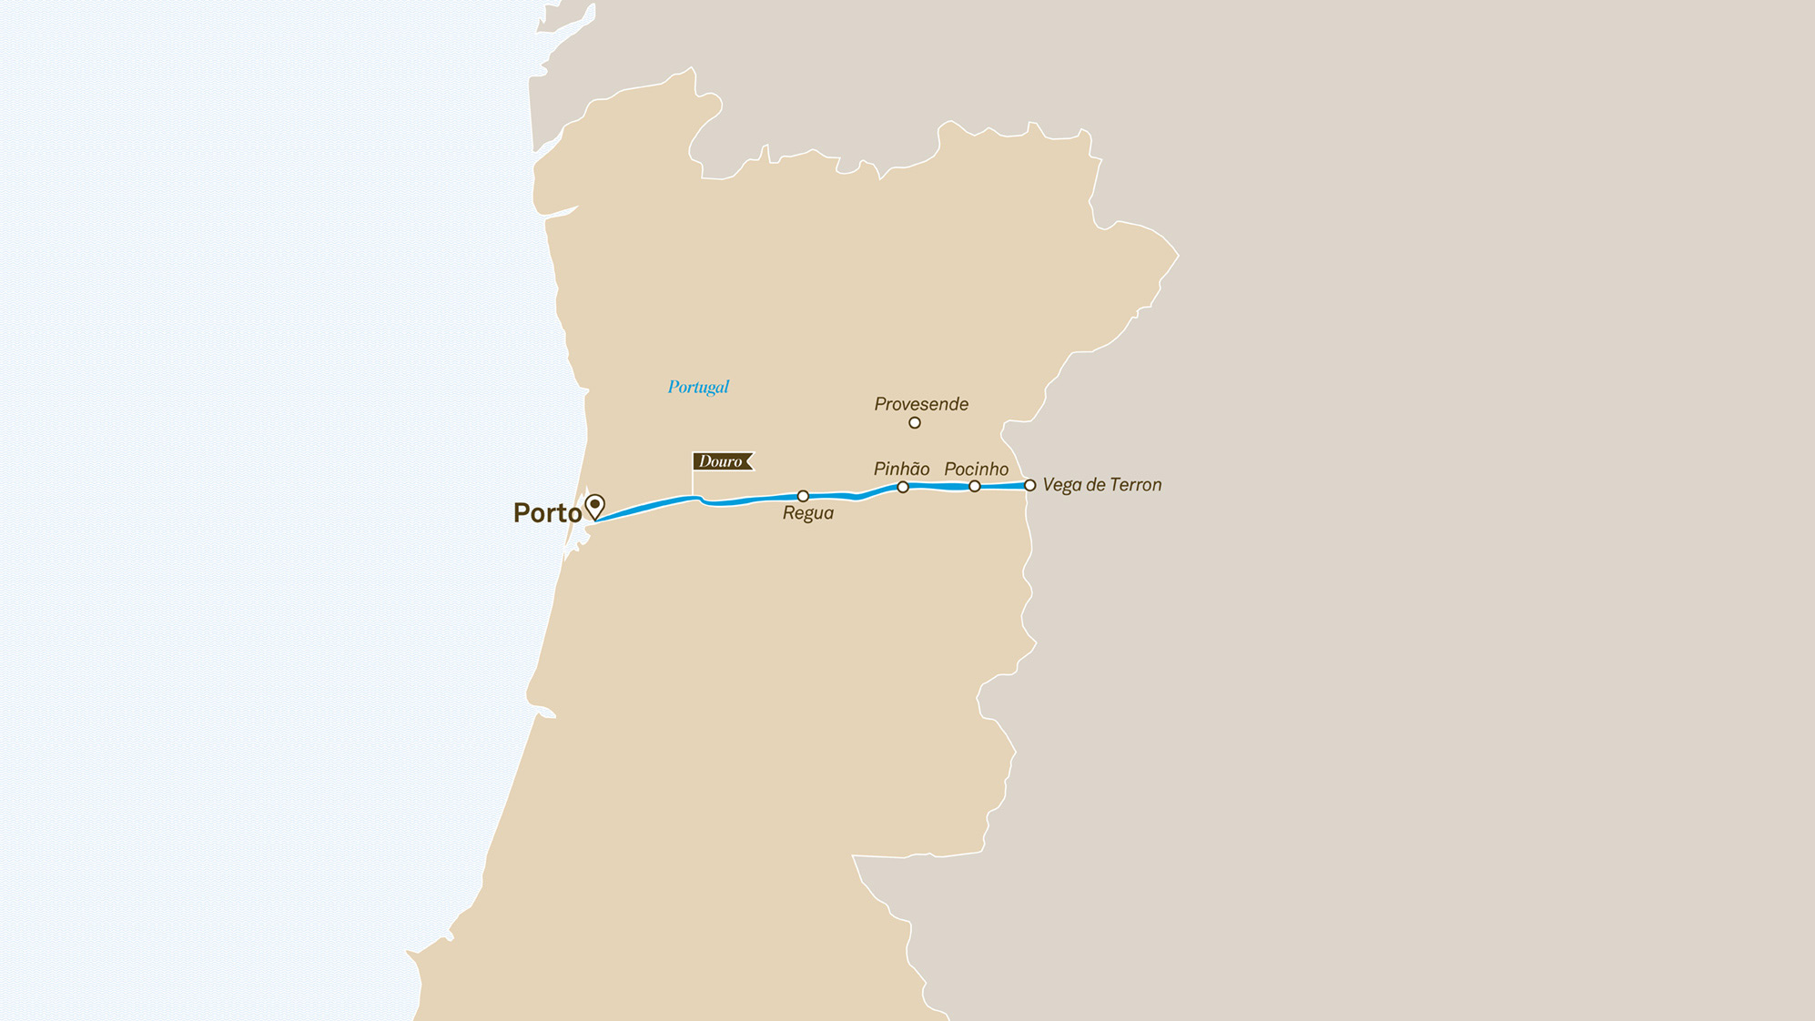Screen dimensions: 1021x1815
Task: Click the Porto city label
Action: [x=547, y=513]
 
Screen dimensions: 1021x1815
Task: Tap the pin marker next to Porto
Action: [x=595, y=505]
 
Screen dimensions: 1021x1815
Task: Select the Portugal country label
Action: [x=698, y=387]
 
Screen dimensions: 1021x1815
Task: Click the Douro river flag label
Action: [x=721, y=461]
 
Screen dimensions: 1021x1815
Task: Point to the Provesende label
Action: [x=921, y=404]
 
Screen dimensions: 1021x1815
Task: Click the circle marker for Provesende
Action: [x=915, y=422]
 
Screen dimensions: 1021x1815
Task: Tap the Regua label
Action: [x=808, y=513]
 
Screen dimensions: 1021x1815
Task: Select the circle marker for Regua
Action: [x=803, y=496]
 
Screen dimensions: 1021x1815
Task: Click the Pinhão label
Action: [x=901, y=470]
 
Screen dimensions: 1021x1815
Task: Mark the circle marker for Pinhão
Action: [x=903, y=488]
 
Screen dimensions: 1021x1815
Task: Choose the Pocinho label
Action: [x=976, y=470]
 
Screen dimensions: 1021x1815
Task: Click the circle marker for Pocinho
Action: [x=975, y=487]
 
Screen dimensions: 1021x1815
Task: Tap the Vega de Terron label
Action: [x=1101, y=485]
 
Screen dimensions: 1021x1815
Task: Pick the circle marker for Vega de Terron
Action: [x=1030, y=486]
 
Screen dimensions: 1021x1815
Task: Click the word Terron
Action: [x=1132, y=485]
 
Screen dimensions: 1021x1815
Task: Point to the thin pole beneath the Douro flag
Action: [x=694, y=483]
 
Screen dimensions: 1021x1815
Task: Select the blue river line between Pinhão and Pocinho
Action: [x=939, y=487]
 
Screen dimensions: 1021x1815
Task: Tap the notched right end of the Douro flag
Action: [x=749, y=461]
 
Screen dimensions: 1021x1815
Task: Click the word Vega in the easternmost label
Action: [x=1060, y=486]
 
